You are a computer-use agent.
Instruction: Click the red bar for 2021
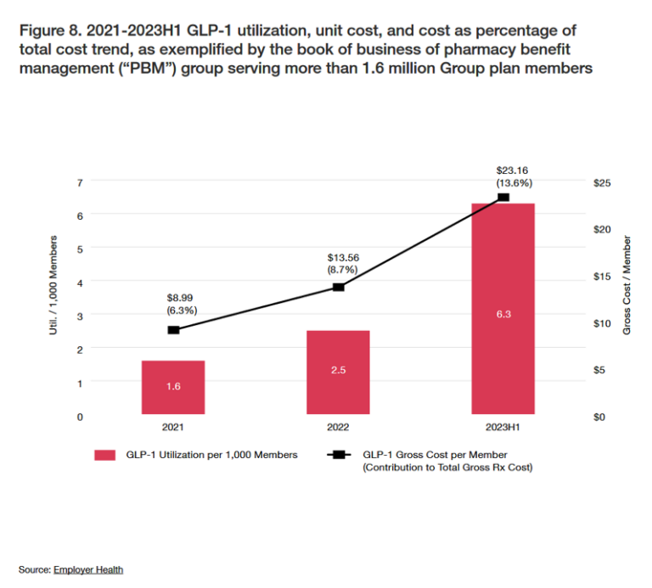click(x=173, y=388)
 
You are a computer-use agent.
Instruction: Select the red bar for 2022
click(x=338, y=372)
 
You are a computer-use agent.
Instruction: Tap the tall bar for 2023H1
click(x=503, y=310)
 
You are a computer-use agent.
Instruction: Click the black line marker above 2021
click(x=173, y=329)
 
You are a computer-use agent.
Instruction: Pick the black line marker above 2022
click(x=338, y=287)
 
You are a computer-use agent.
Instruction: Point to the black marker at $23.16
click(x=503, y=197)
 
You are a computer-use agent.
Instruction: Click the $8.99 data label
click(x=182, y=297)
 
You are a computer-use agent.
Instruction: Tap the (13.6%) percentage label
click(x=513, y=182)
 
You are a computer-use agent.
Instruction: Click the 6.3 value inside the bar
click(x=503, y=315)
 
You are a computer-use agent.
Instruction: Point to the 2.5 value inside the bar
click(x=338, y=371)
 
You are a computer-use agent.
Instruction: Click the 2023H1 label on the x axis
click(x=503, y=428)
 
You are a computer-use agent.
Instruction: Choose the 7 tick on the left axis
click(x=79, y=182)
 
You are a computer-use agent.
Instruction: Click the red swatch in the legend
click(x=104, y=455)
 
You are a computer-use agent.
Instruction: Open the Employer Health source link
click(x=88, y=569)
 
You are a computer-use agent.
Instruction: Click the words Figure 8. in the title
click(x=48, y=31)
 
